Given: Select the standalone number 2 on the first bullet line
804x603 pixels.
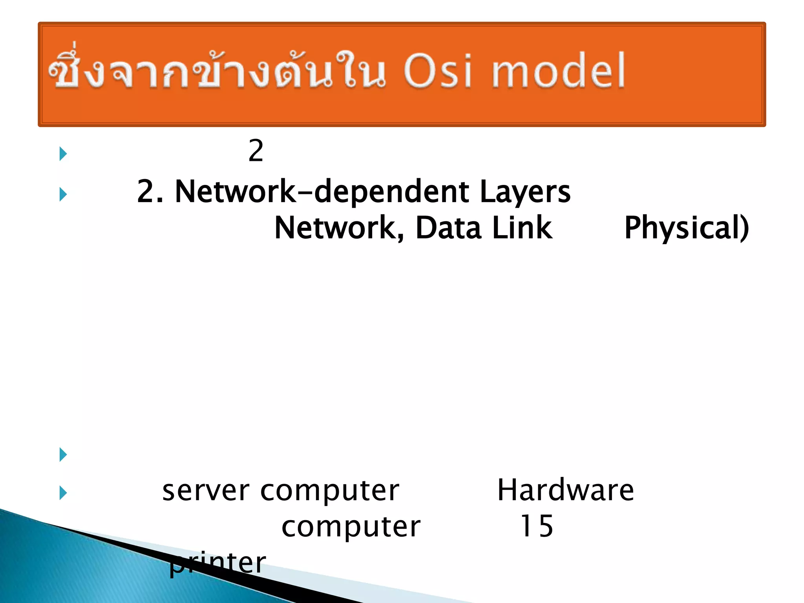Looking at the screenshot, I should pyautogui.click(x=256, y=151).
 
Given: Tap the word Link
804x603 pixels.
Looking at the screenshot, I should pyautogui.click(x=522, y=228).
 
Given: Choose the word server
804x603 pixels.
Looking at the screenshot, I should pyautogui.click(x=206, y=491).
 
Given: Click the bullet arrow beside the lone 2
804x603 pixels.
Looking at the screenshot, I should pyautogui.click(x=63, y=153).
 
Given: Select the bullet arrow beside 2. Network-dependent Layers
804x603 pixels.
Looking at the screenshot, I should pyautogui.click(x=63, y=194).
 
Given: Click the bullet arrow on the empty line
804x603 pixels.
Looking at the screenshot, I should pyautogui.click(x=63, y=455).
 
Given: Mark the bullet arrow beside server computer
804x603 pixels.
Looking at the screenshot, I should pyautogui.click(x=63, y=493).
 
